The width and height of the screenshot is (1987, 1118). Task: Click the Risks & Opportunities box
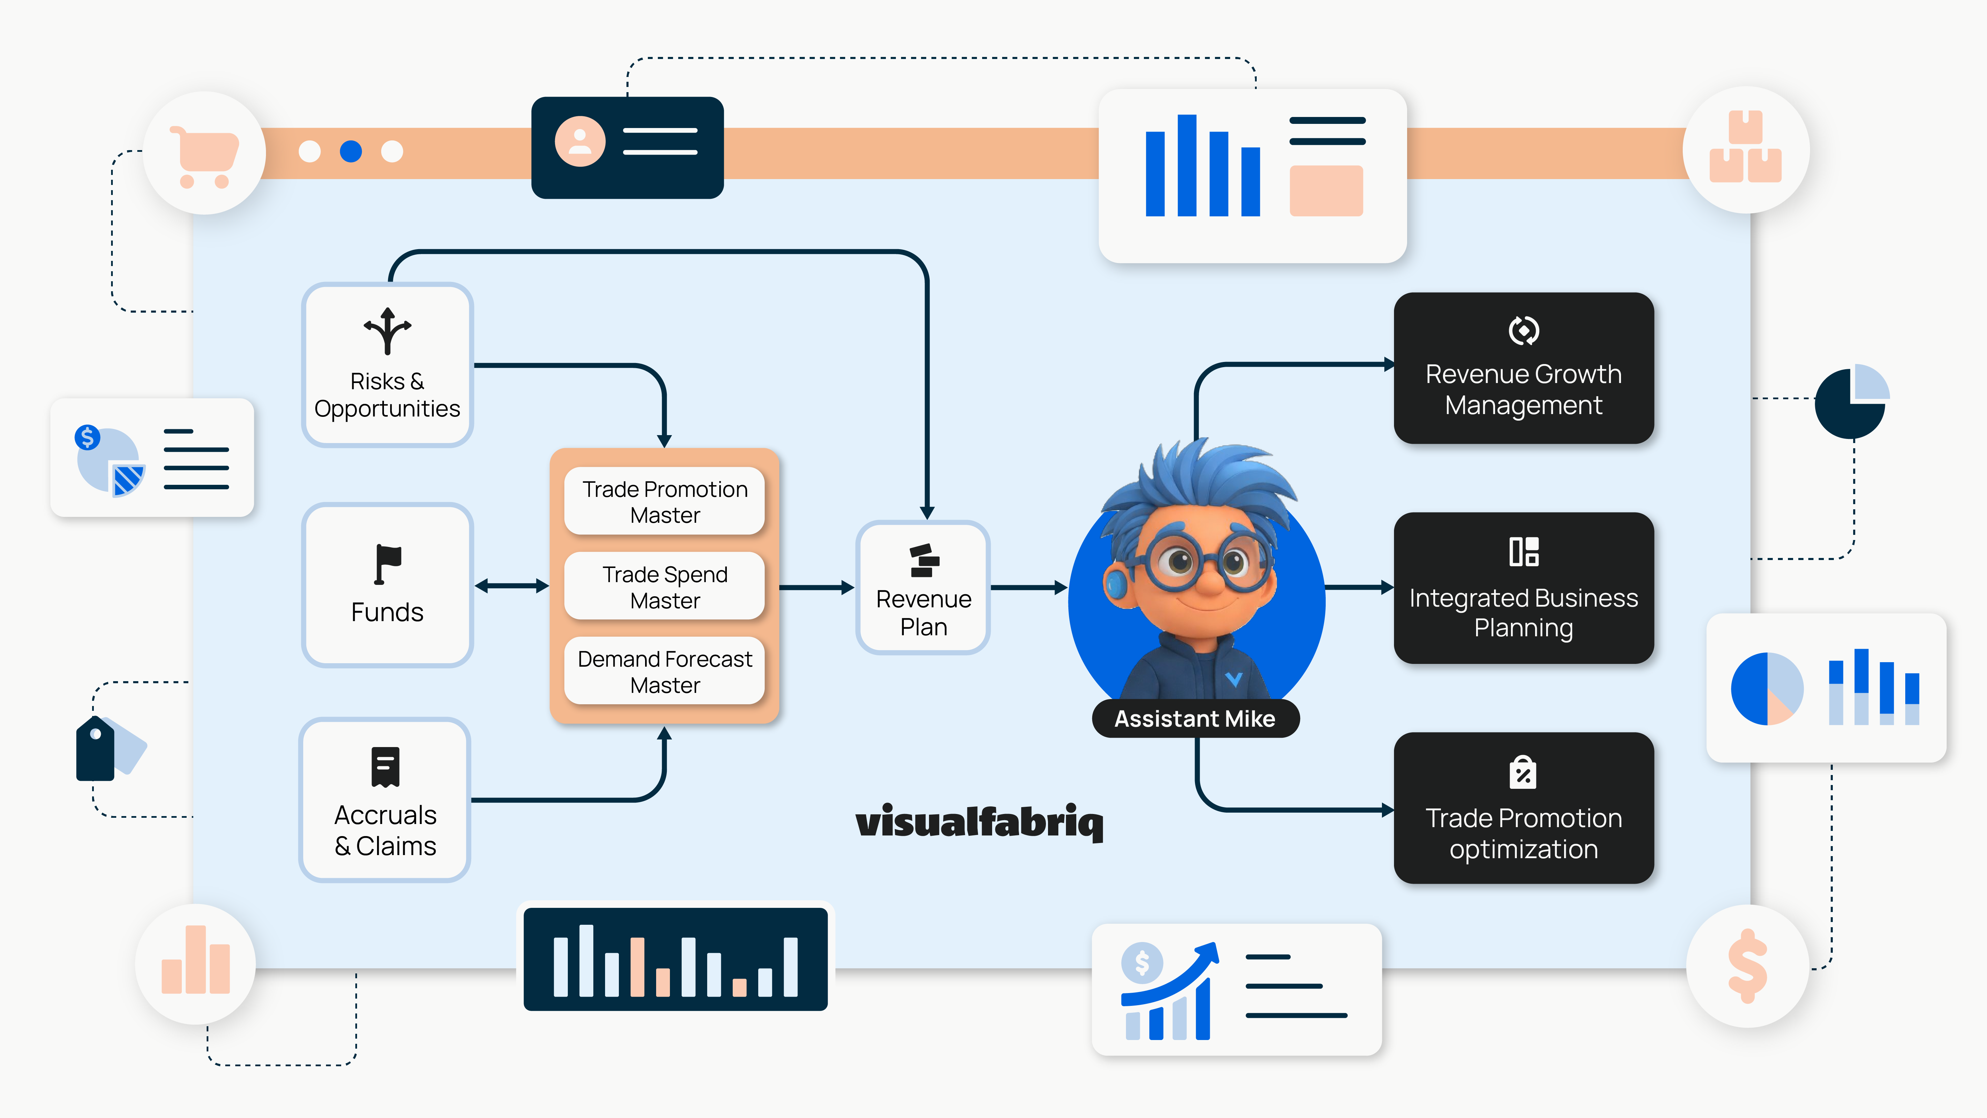click(387, 365)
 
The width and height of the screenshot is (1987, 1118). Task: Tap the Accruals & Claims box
click(385, 800)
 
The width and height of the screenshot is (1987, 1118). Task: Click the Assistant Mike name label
click(1195, 718)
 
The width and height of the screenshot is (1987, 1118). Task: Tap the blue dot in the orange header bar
click(351, 151)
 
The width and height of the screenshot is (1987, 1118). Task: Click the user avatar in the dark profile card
click(579, 141)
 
